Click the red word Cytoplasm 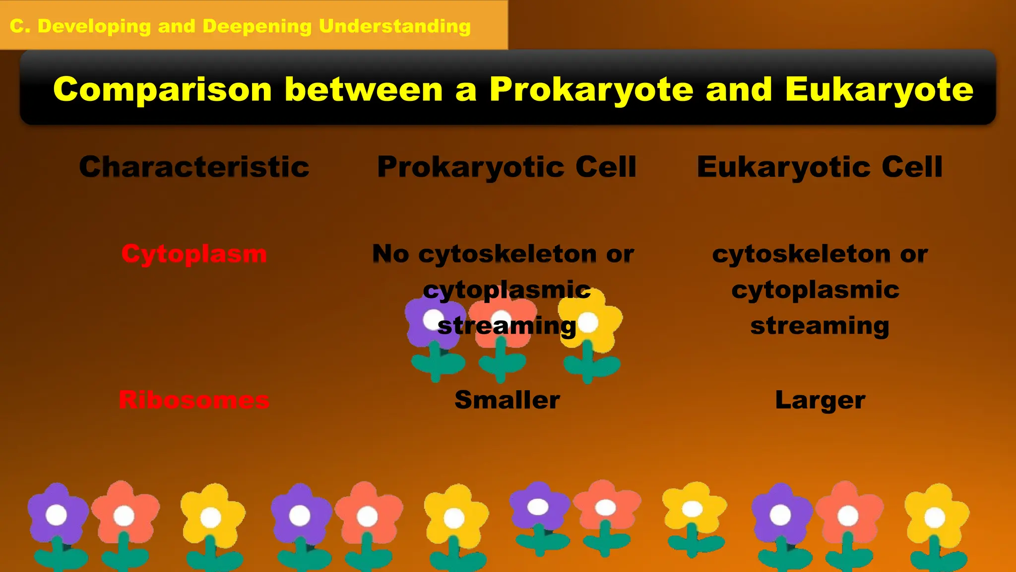tap(194, 254)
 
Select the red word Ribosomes tap(194, 400)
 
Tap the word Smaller tap(507, 400)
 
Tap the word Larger tap(820, 400)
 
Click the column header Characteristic tap(194, 167)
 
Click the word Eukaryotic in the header tap(783, 167)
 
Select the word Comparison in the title tap(162, 89)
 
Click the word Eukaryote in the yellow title tap(879, 89)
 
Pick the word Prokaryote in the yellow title tap(591, 90)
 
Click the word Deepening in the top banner tap(257, 26)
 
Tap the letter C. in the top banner tap(20, 26)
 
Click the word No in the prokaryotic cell tap(390, 254)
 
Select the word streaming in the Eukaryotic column tap(820, 326)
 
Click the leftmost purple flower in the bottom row tap(57, 514)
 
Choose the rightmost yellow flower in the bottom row tap(936, 516)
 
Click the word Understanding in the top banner tap(394, 26)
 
